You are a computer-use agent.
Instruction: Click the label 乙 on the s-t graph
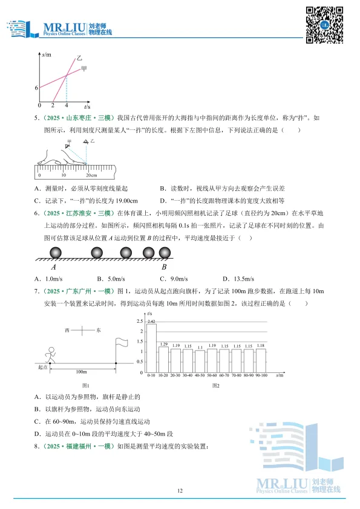[x=79, y=59]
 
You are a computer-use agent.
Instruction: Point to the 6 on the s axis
[x=36, y=88]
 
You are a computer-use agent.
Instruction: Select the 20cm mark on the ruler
[x=88, y=175]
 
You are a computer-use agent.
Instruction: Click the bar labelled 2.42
[x=151, y=348]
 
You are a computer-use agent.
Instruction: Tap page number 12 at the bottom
[x=180, y=491]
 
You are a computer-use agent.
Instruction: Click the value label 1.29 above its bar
[x=163, y=344]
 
